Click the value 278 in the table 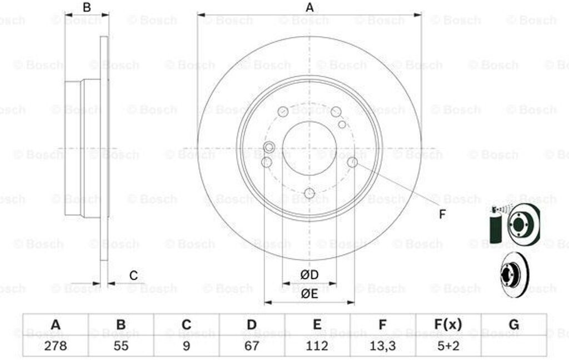(x=56, y=346)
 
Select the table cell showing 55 (x=121, y=346)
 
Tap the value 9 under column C (x=186, y=346)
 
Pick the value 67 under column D (x=252, y=346)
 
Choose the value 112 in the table (x=317, y=346)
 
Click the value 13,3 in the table (x=382, y=346)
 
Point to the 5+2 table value (x=448, y=346)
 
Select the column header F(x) (x=448, y=324)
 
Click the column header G (x=514, y=324)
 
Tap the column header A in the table (x=56, y=324)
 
